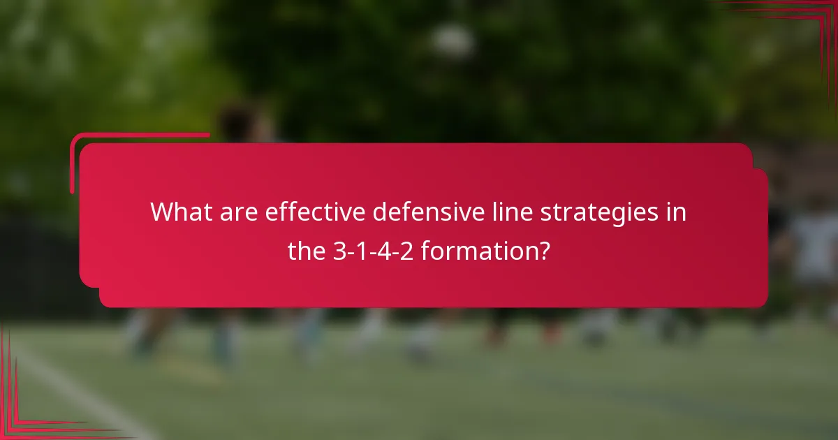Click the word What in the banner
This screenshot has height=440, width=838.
coord(177,212)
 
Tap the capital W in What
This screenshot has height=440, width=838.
coord(162,212)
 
